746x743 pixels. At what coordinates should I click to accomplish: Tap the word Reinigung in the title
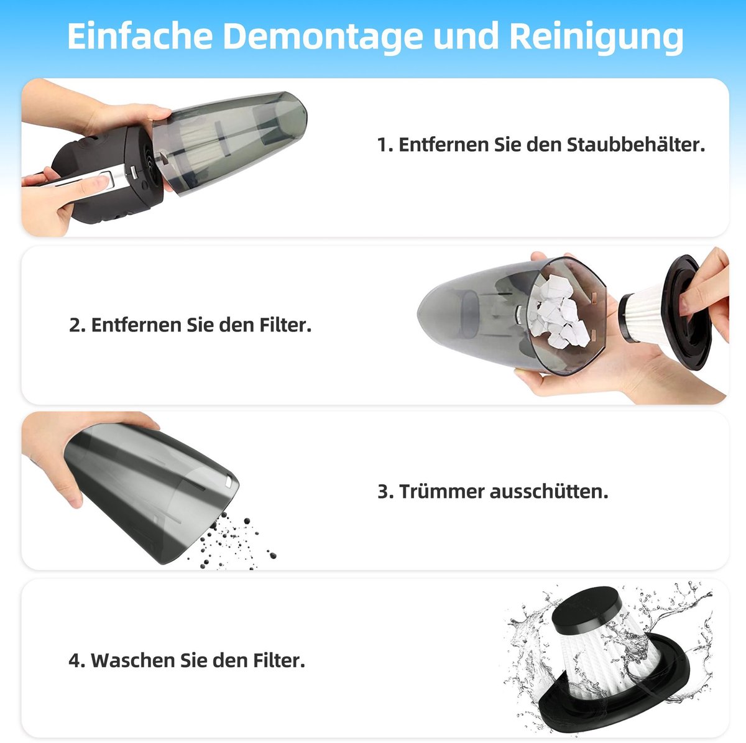tap(596, 36)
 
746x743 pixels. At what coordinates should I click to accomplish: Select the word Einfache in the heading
tap(140, 35)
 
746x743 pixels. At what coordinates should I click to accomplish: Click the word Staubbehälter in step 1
tap(636, 144)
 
